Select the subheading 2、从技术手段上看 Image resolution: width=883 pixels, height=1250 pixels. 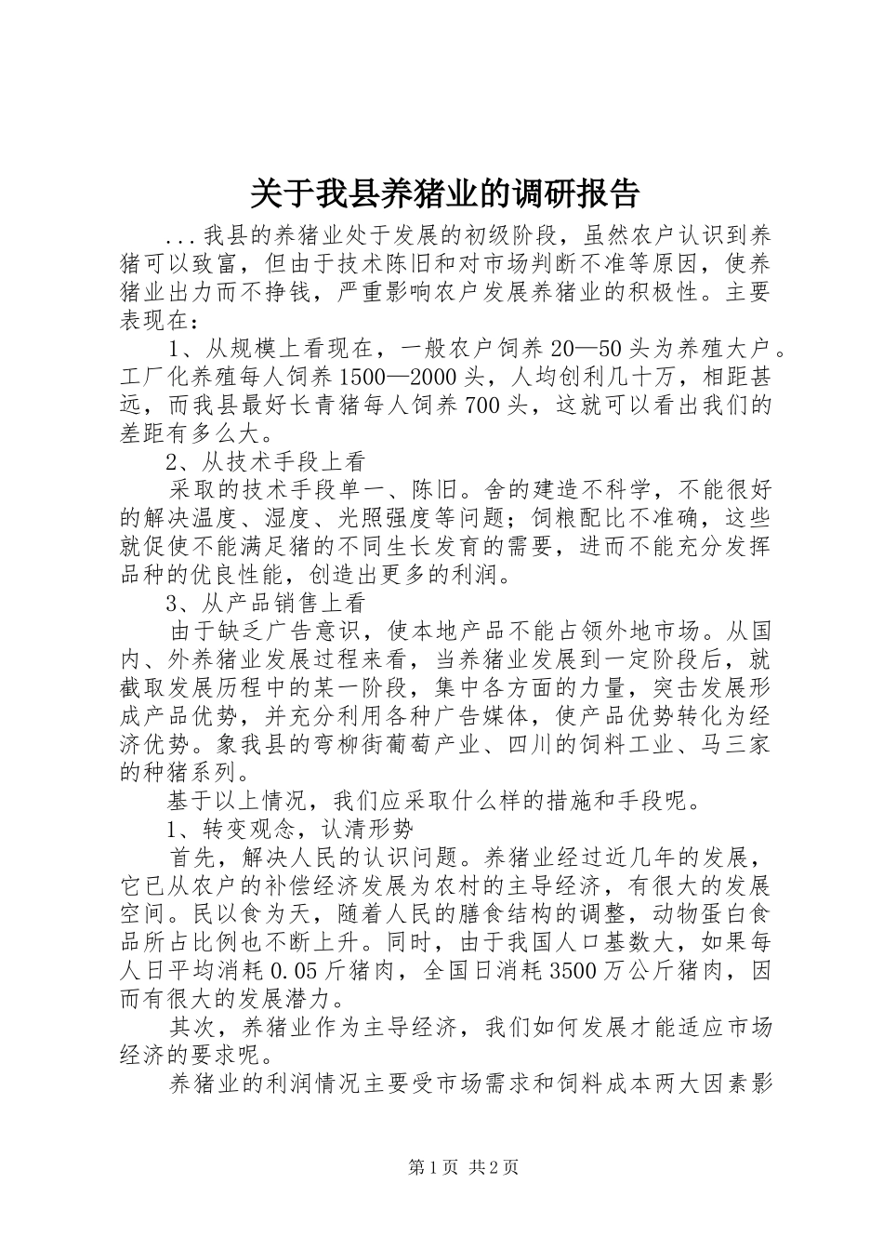pyautogui.click(x=266, y=461)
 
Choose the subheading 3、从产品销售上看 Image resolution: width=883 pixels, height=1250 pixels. pyautogui.click(x=266, y=602)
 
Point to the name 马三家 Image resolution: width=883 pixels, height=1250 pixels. pyautogui.click(x=736, y=744)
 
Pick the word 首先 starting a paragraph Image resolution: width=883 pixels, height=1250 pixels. pyautogui.click(x=192, y=856)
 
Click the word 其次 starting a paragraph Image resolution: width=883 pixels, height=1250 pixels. pyautogui.click(x=192, y=1027)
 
